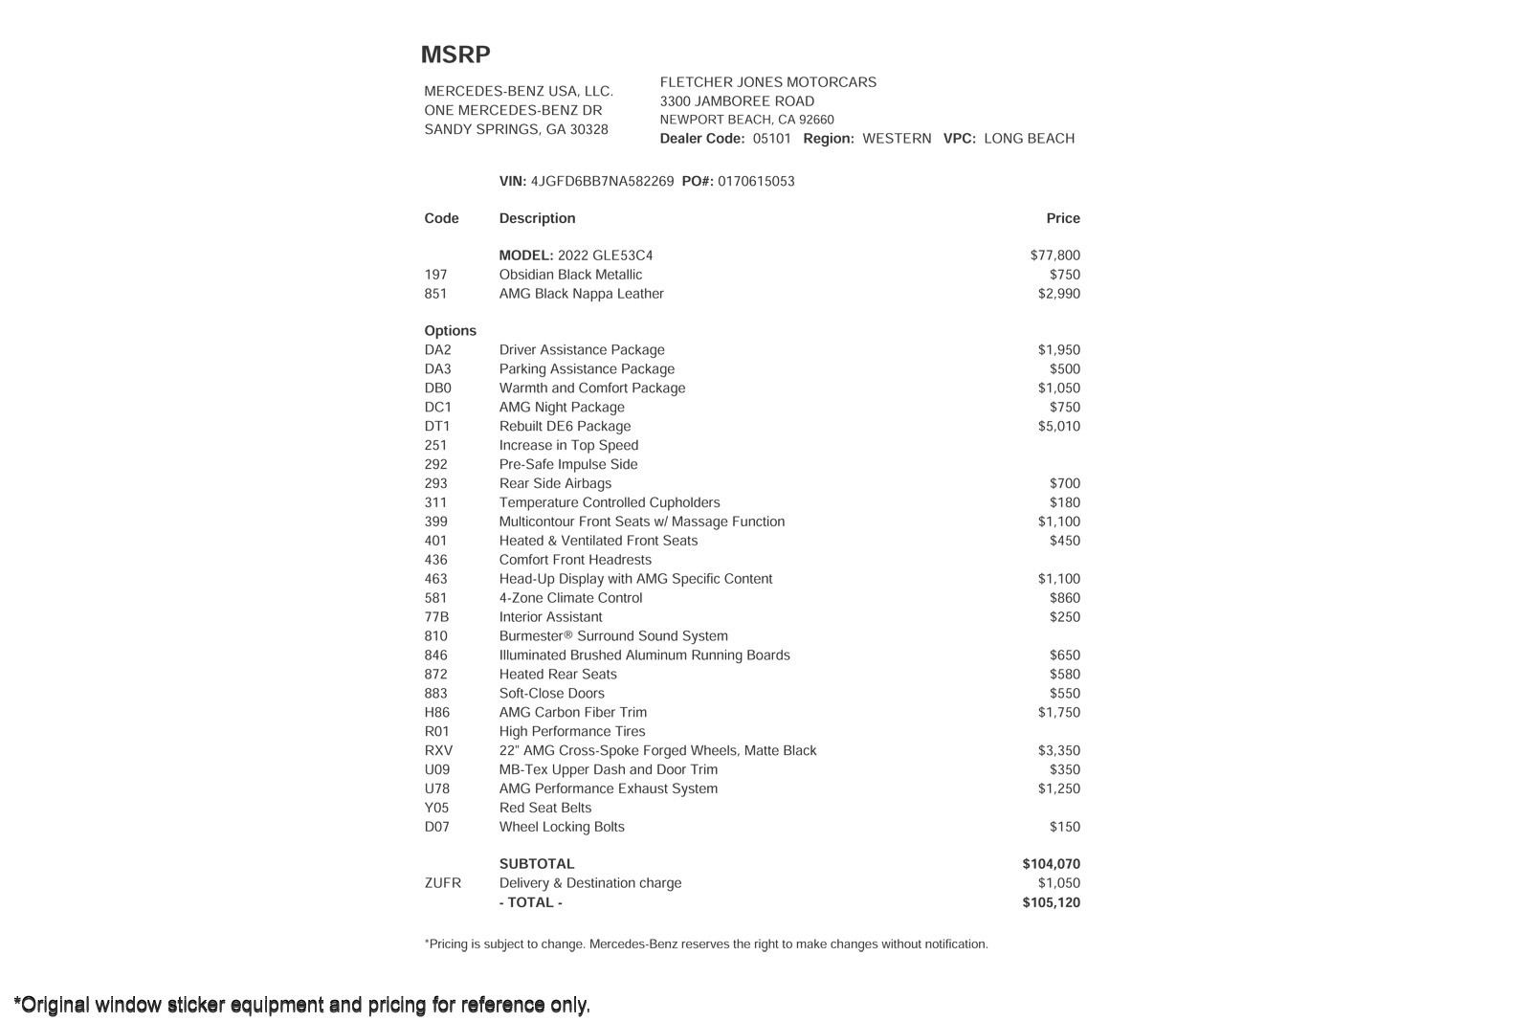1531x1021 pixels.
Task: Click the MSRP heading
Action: [455, 55]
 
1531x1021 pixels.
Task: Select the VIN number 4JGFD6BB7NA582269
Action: [602, 182]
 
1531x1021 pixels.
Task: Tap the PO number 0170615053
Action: [756, 182]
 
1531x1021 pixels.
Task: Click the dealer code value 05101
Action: [772, 139]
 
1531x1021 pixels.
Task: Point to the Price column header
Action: [1063, 219]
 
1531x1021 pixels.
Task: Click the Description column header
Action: [537, 219]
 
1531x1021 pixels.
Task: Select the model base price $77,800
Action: [1055, 255]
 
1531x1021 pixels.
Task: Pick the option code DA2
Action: [437, 350]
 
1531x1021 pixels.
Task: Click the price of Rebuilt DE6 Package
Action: [1059, 427]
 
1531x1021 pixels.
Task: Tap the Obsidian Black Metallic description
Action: [570, 275]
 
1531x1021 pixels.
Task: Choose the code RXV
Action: [438, 751]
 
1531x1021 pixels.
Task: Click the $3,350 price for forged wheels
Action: [1059, 751]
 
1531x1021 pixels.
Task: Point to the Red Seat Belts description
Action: [545, 809]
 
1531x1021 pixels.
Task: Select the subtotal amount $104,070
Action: [1052, 864]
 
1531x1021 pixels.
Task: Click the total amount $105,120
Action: [1052, 903]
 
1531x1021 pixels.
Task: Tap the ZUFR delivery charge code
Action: [442, 883]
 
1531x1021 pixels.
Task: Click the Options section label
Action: [450, 331]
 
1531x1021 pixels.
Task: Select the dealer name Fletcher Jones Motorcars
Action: [768, 82]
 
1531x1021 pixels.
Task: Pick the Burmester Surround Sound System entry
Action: [613, 636]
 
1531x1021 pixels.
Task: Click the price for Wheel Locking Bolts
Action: [1065, 828]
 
